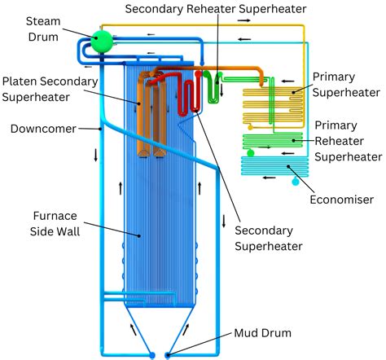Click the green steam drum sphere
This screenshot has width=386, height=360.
pos(102,42)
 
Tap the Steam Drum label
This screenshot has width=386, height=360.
pos(43,29)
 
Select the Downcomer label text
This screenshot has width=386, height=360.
pos(43,129)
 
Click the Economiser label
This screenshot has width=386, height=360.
pos(342,200)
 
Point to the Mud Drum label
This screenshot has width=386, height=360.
pos(262,333)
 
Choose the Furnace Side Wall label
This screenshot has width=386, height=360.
pos(55,224)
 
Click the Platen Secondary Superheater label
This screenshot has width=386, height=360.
pos(50,90)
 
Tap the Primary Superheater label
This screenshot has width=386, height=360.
pos(346,85)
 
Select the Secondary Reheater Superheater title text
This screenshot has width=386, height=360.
pos(216,9)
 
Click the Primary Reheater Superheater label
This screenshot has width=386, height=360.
pos(349,141)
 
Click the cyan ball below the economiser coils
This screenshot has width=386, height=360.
pos(296,181)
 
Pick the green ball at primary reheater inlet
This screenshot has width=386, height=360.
pos(250,153)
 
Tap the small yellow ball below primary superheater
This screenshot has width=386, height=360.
pos(250,127)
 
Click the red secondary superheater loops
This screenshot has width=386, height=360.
pos(190,94)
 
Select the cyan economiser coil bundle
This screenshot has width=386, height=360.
pos(274,166)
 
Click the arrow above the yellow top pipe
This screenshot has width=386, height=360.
pos(243,20)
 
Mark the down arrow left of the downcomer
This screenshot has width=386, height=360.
pos(95,156)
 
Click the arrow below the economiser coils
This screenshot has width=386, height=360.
pos(269,178)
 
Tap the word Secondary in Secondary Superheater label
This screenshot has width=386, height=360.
pos(264,230)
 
